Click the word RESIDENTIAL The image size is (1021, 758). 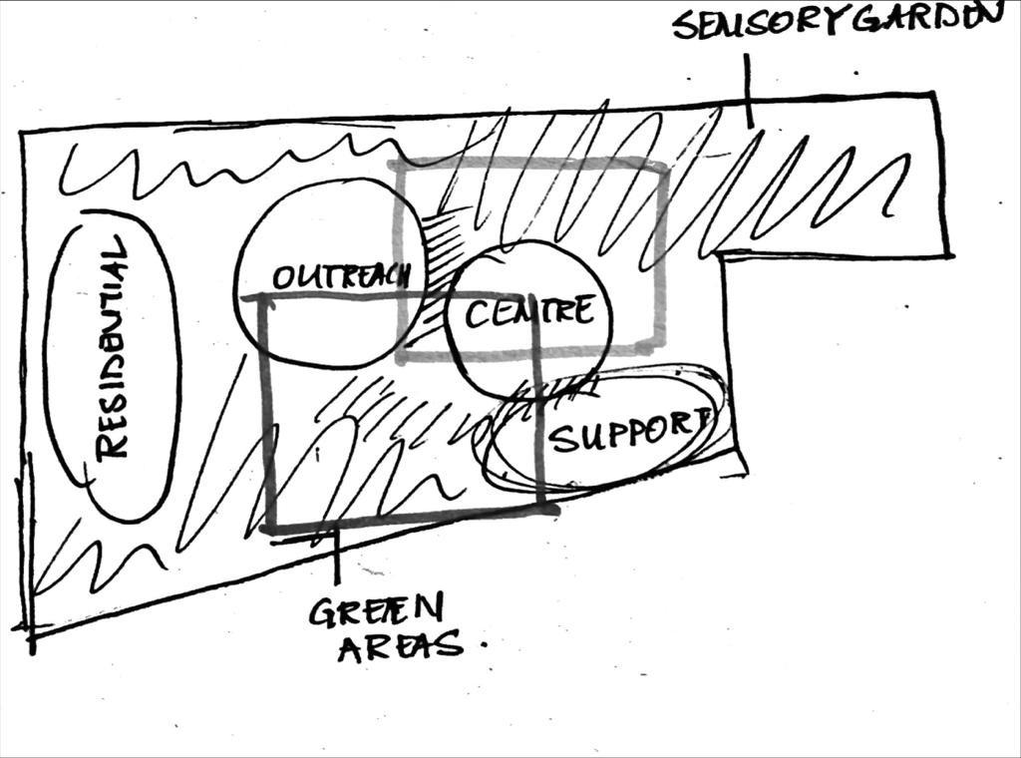[x=113, y=348]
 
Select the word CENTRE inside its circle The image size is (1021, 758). [x=528, y=313]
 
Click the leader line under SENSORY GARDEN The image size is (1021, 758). [x=748, y=90]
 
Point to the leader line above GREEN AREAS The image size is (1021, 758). [x=337, y=559]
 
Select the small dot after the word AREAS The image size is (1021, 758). [x=485, y=645]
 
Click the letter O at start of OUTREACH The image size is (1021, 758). [x=282, y=278]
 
